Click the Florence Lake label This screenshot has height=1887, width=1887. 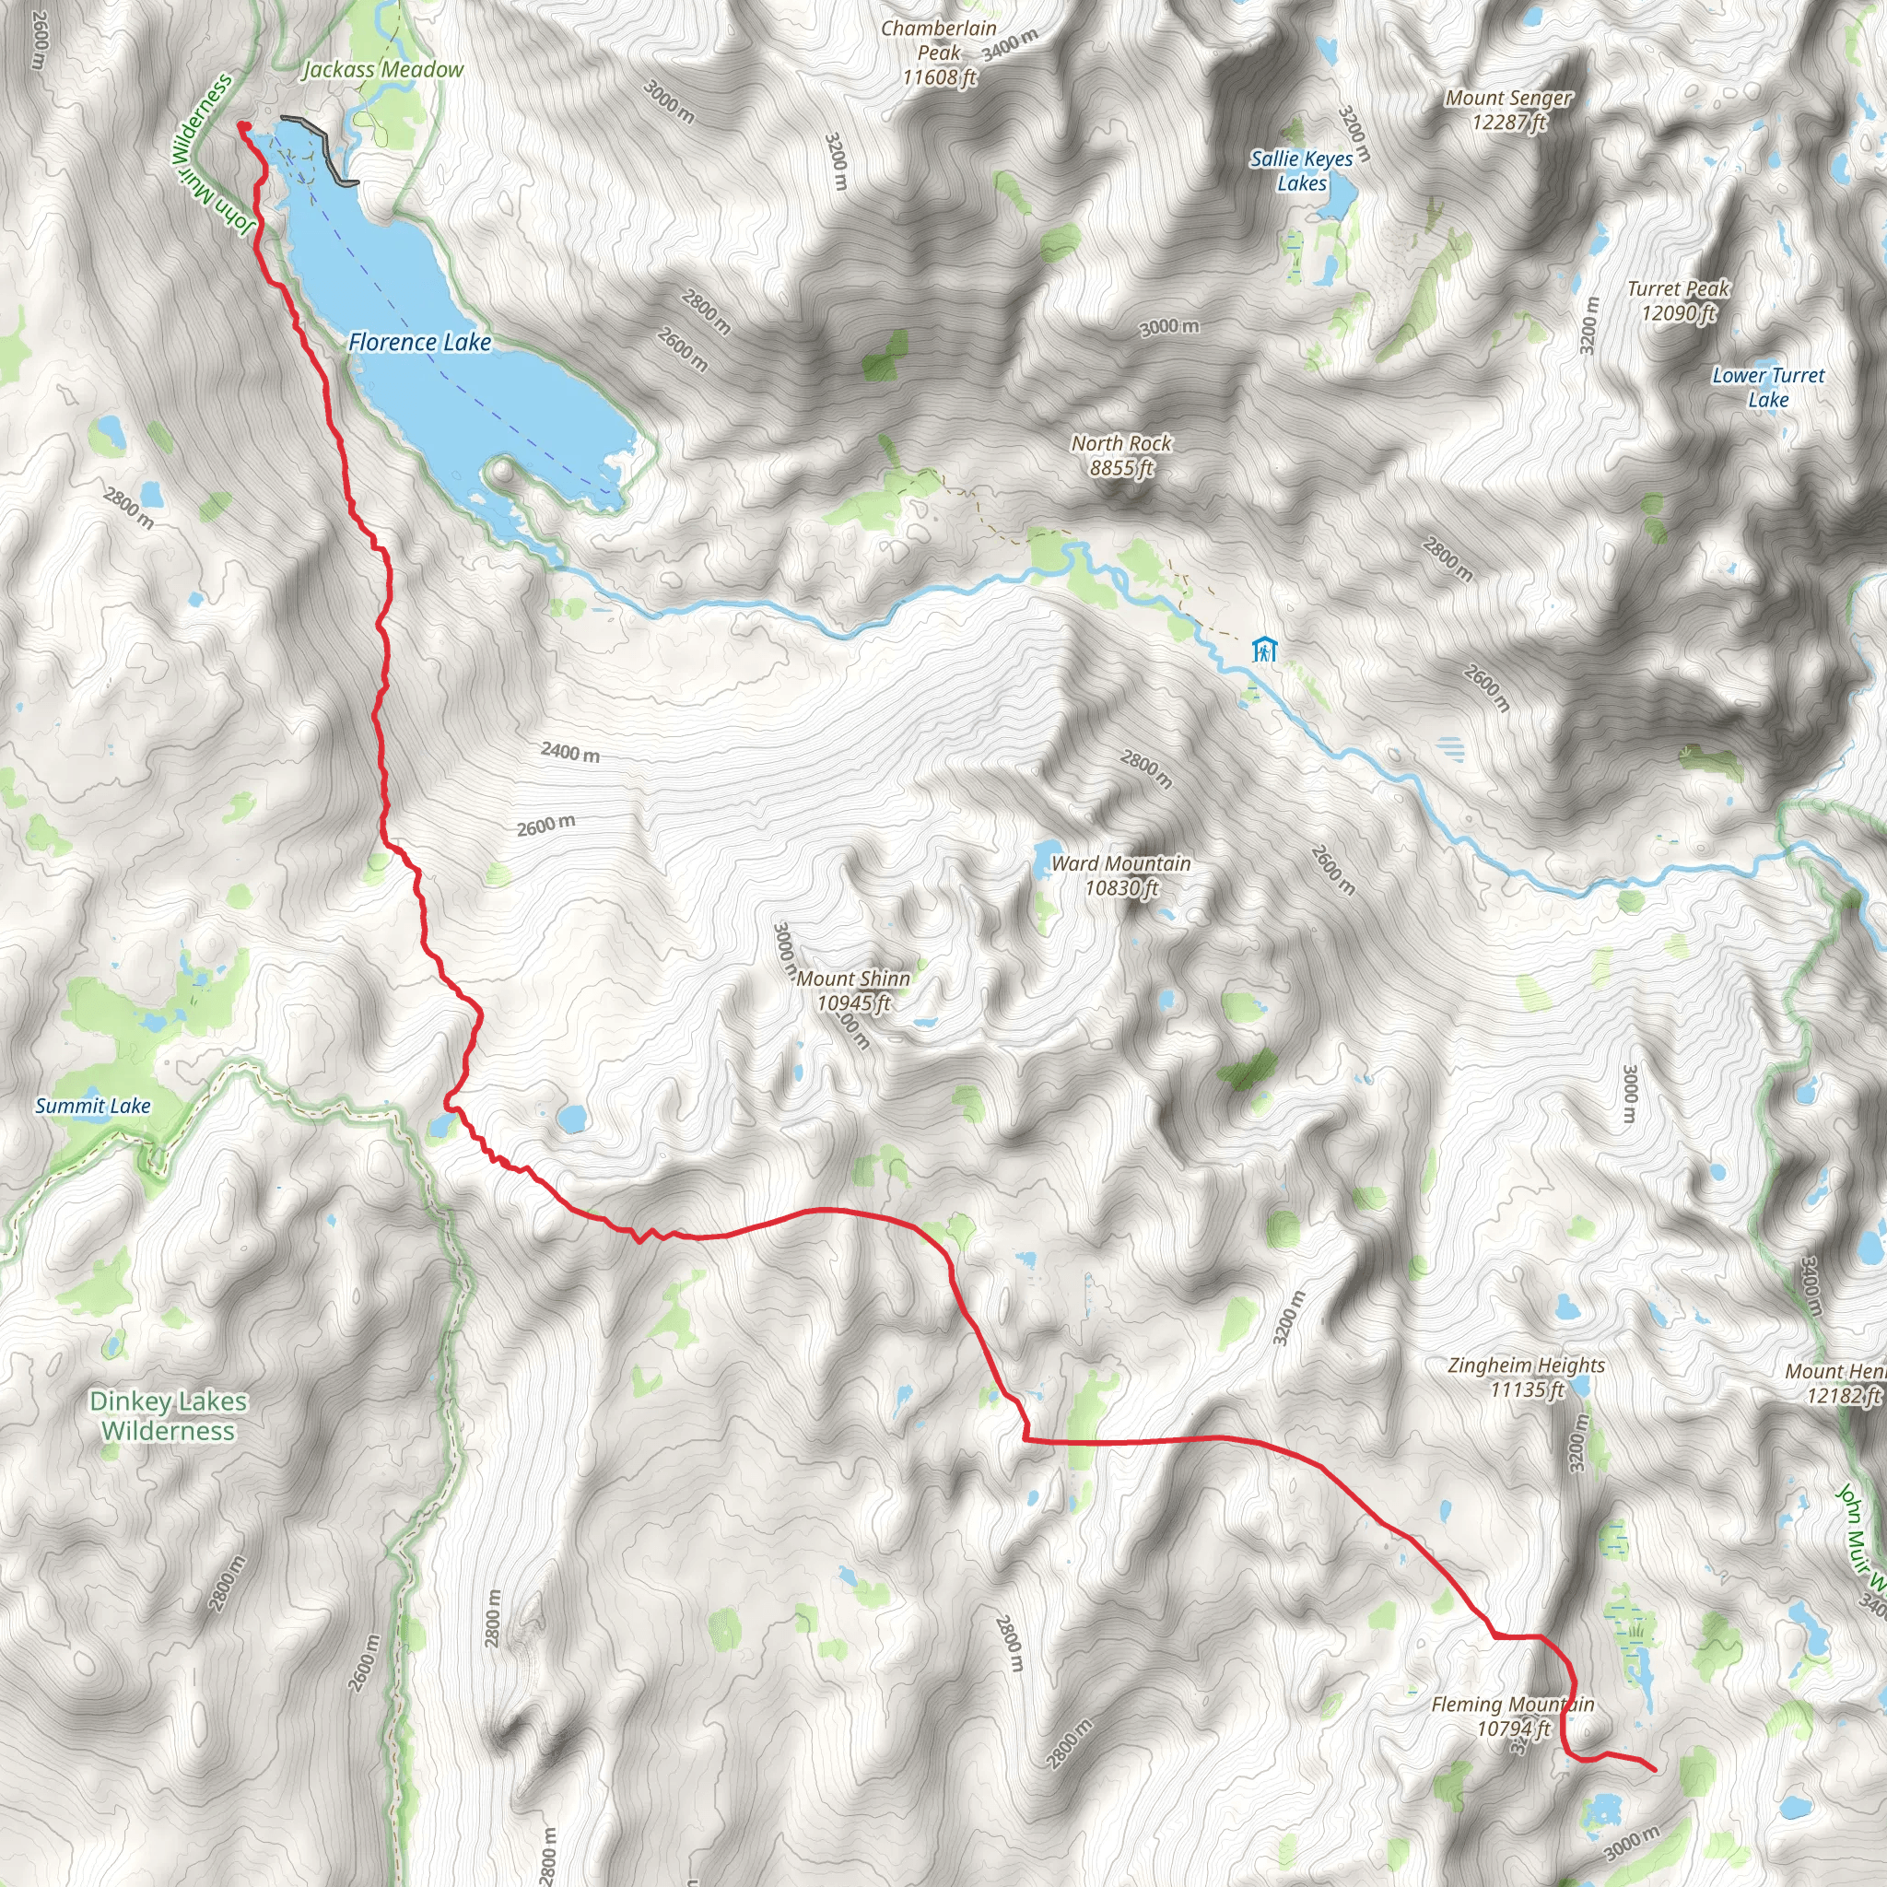point(419,342)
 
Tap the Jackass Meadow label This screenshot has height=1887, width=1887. point(383,69)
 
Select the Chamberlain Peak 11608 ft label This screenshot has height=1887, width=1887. point(939,53)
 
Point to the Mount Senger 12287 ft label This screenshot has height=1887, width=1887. point(1508,110)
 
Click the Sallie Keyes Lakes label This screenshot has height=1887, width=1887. point(1301,171)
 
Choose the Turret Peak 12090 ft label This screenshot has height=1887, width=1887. point(1678,300)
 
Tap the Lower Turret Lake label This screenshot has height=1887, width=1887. point(1768,387)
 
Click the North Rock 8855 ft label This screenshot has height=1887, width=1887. point(1121,455)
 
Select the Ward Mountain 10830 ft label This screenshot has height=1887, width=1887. point(1121,875)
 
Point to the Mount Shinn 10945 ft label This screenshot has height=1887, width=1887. point(853,990)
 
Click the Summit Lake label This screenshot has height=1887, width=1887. point(93,1106)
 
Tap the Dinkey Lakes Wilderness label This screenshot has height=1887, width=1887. point(168,1415)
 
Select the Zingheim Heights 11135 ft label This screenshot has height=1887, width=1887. point(1527,1377)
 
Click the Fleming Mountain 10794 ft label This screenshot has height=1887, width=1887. point(1513,1716)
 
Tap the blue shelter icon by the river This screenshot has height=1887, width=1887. point(1264,650)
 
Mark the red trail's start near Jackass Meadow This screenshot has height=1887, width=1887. point(241,125)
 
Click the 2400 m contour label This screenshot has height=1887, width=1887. point(570,752)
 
